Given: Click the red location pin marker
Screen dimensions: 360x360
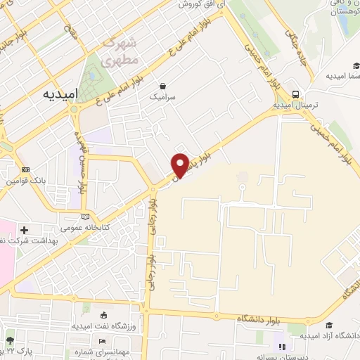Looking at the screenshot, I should (x=180, y=165).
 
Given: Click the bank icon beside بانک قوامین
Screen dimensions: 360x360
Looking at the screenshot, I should (x=25, y=170).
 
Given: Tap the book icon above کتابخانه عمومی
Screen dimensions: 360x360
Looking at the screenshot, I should (x=86, y=217).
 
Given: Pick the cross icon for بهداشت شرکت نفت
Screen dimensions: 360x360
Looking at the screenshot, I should (x=25, y=230).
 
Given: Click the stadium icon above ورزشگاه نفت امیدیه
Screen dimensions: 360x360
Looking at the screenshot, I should (x=105, y=316).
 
